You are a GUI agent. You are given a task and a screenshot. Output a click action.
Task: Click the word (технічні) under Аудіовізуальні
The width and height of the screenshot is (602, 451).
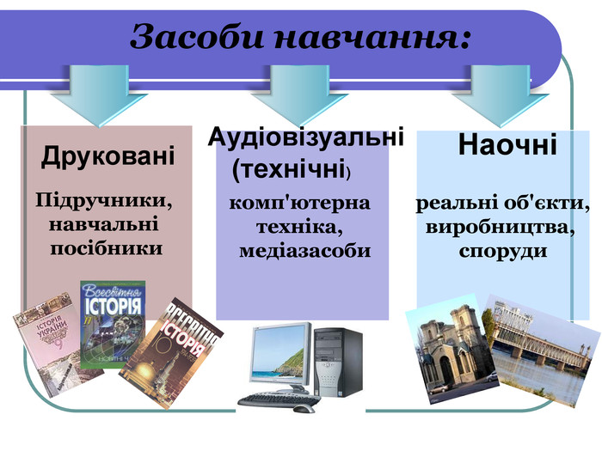pos(292,169)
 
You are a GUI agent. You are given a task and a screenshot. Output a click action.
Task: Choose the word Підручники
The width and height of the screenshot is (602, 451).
pos(104,201)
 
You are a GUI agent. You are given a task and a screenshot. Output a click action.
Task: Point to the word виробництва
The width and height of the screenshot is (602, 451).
pos(501,229)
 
